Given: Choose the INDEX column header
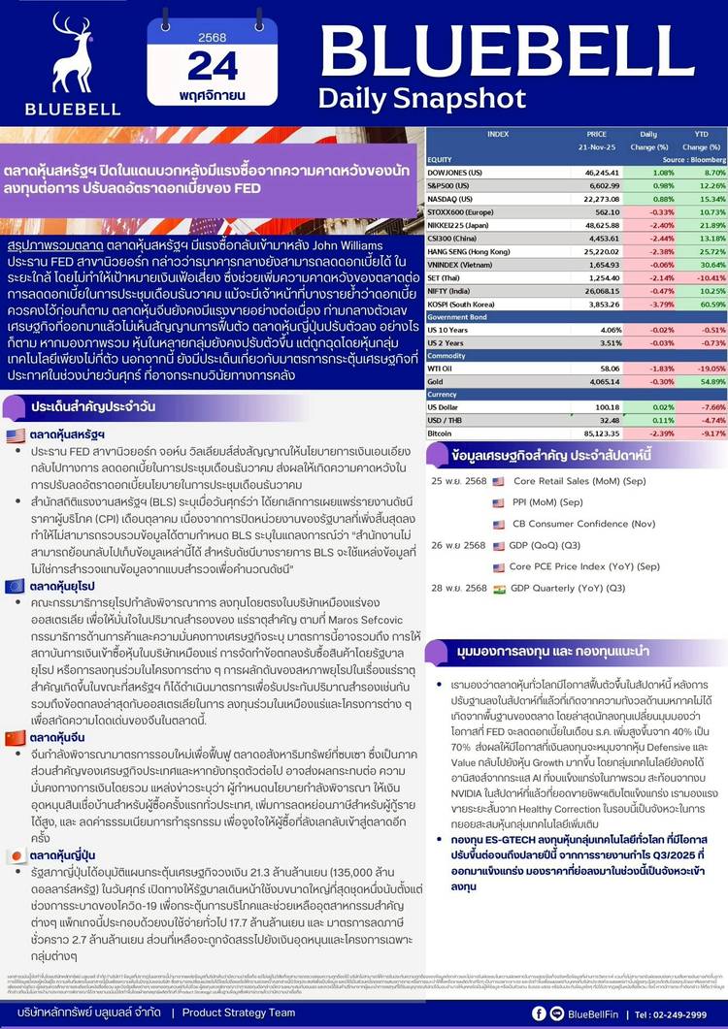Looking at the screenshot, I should click(499, 134).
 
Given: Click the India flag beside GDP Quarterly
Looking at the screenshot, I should click(499, 588).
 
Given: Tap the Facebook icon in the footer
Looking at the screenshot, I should click(556, 1013).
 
